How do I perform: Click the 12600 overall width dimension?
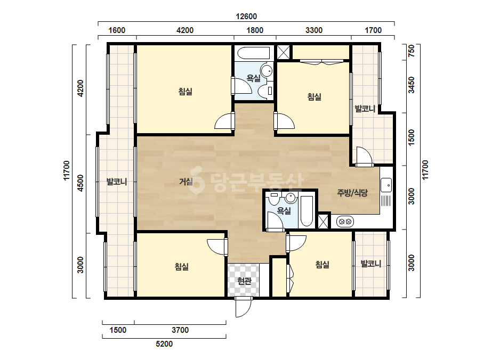pyautogui.click(x=246, y=17)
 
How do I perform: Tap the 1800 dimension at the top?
pyautogui.click(x=255, y=30)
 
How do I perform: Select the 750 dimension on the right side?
pyautogui.click(x=411, y=51)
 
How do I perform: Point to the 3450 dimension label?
pyautogui.click(x=411, y=85)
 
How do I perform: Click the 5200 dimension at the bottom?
pyautogui.click(x=164, y=344)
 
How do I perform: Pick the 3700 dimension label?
pyautogui.click(x=180, y=330)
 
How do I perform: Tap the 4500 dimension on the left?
pyautogui.click(x=80, y=183)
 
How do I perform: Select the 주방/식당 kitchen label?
pyautogui.click(x=352, y=193)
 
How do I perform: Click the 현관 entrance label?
pyautogui.click(x=245, y=281)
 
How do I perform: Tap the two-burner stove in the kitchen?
pyautogui.click(x=345, y=222)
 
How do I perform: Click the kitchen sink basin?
pyautogui.click(x=386, y=185)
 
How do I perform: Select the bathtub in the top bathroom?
pyautogui.click(x=254, y=53)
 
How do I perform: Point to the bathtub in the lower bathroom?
pyautogui.click(x=307, y=211)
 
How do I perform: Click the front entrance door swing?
pyautogui.click(x=244, y=306)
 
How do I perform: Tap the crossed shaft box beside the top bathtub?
pyautogui.click(x=283, y=52)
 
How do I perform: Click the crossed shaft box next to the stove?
pyautogui.click(x=323, y=221)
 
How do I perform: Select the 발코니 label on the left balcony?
pyautogui.click(x=117, y=182)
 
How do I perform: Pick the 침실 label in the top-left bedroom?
pyautogui.click(x=185, y=92)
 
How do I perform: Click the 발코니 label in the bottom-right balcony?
pyautogui.click(x=371, y=264)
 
